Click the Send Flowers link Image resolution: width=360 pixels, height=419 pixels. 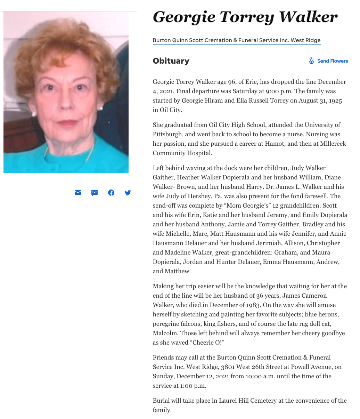click(332, 61)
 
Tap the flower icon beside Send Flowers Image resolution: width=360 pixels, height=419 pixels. click(311, 61)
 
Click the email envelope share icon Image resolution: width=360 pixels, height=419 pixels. click(78, 193)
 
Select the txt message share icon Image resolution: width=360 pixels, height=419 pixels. click(95, 193)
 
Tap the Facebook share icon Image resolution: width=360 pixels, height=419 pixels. click(111, 193)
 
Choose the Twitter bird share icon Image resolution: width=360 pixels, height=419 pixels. click(128, 193)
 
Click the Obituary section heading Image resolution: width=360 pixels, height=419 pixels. click(171, 61)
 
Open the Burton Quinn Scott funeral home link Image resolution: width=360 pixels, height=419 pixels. click(236, 40)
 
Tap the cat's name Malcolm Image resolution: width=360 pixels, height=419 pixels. click(165, 333)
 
